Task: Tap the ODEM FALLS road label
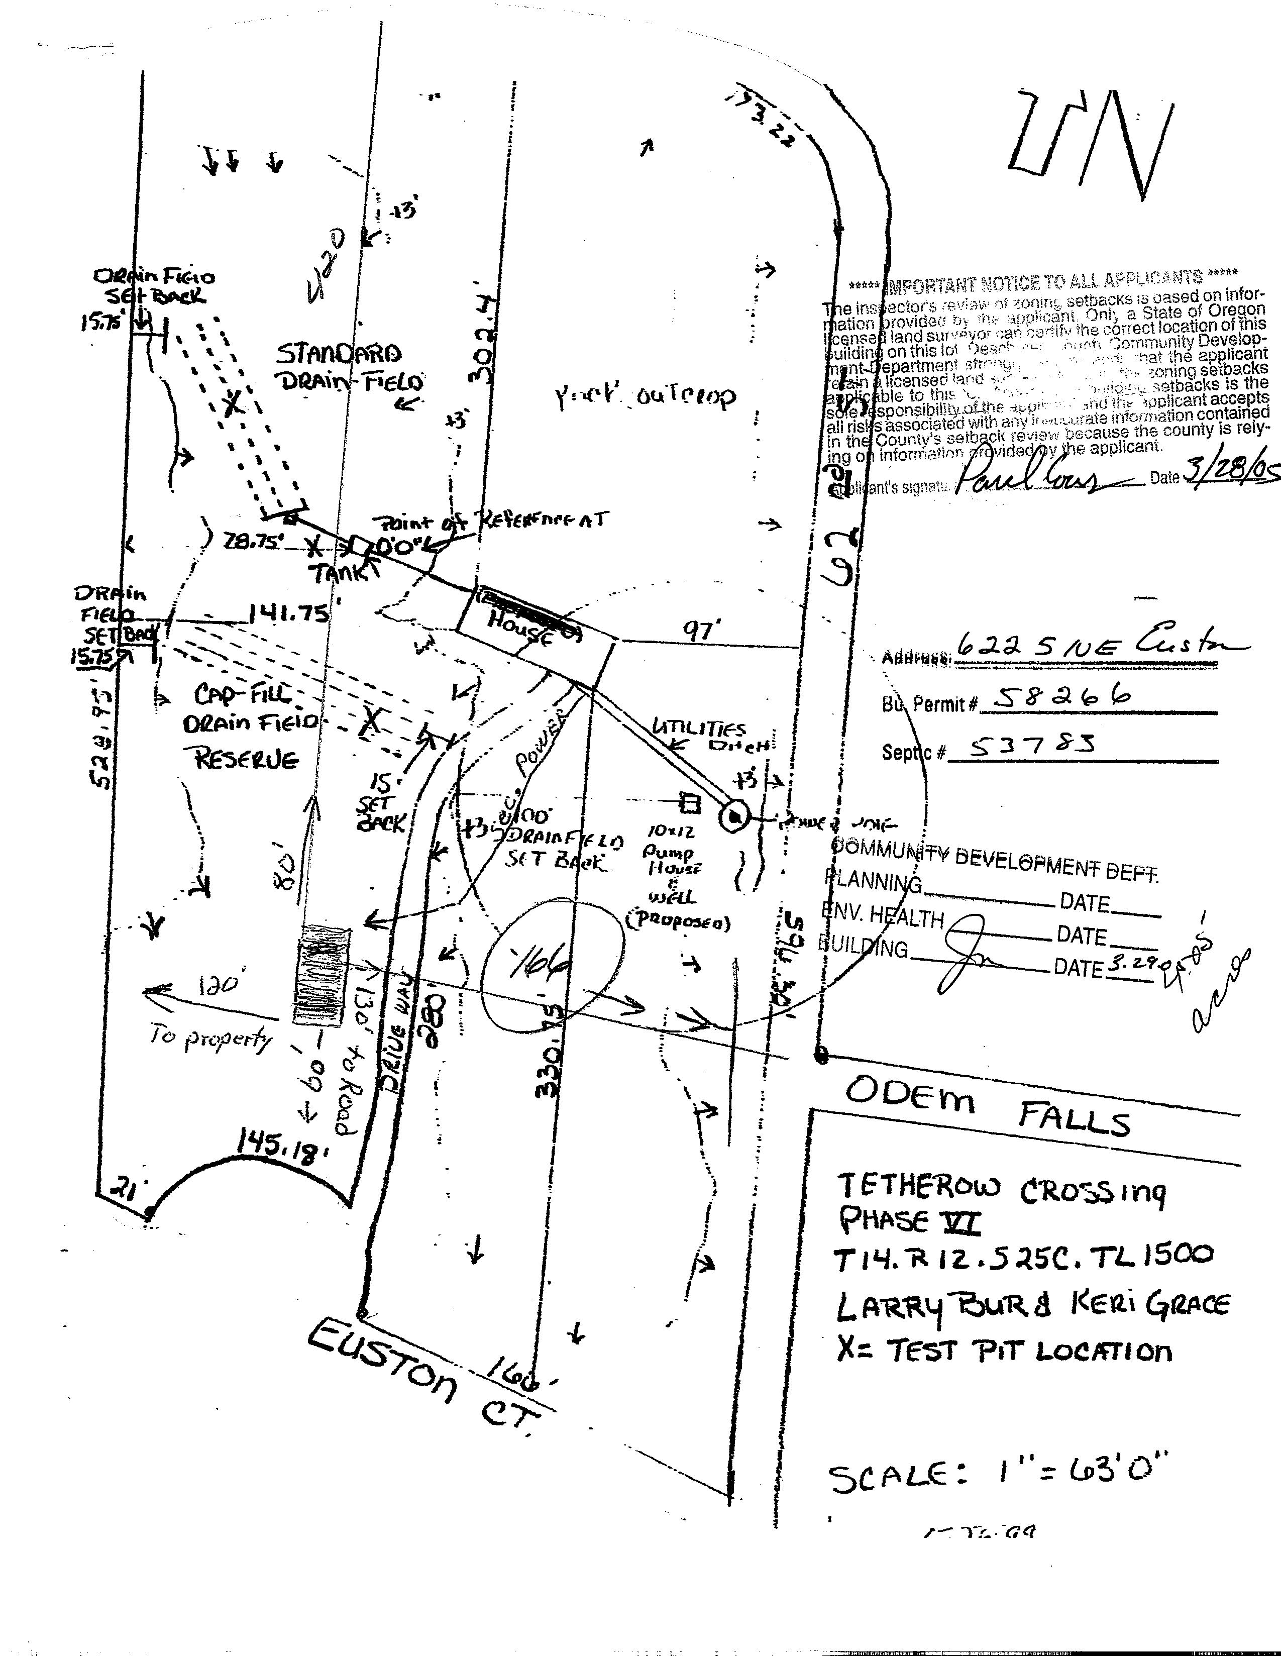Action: pos(987,1106)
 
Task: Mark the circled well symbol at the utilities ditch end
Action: pos(734,817)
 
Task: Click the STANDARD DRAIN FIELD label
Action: pos(345,368)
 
